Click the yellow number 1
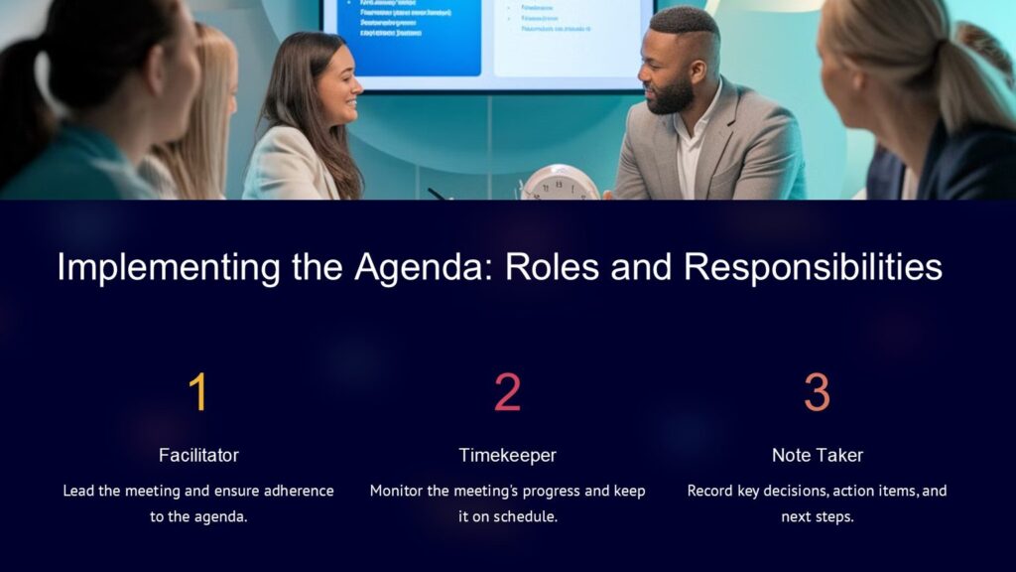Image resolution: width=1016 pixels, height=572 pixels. tap(198, 392)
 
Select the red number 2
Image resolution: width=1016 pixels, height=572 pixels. tap(507, 392)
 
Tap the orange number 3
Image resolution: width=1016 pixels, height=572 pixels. tap(817, 392)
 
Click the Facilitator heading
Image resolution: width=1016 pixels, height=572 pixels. tap(198, 455)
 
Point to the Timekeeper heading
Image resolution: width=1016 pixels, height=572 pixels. tap(507, 455)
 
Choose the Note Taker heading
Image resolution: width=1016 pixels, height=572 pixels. tap(817, 455)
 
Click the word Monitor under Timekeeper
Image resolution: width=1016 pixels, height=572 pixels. tap(397, 491)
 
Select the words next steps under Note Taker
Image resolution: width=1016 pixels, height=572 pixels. tap(817, 517)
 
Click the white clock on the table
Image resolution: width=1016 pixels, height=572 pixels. tap(560, 183)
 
